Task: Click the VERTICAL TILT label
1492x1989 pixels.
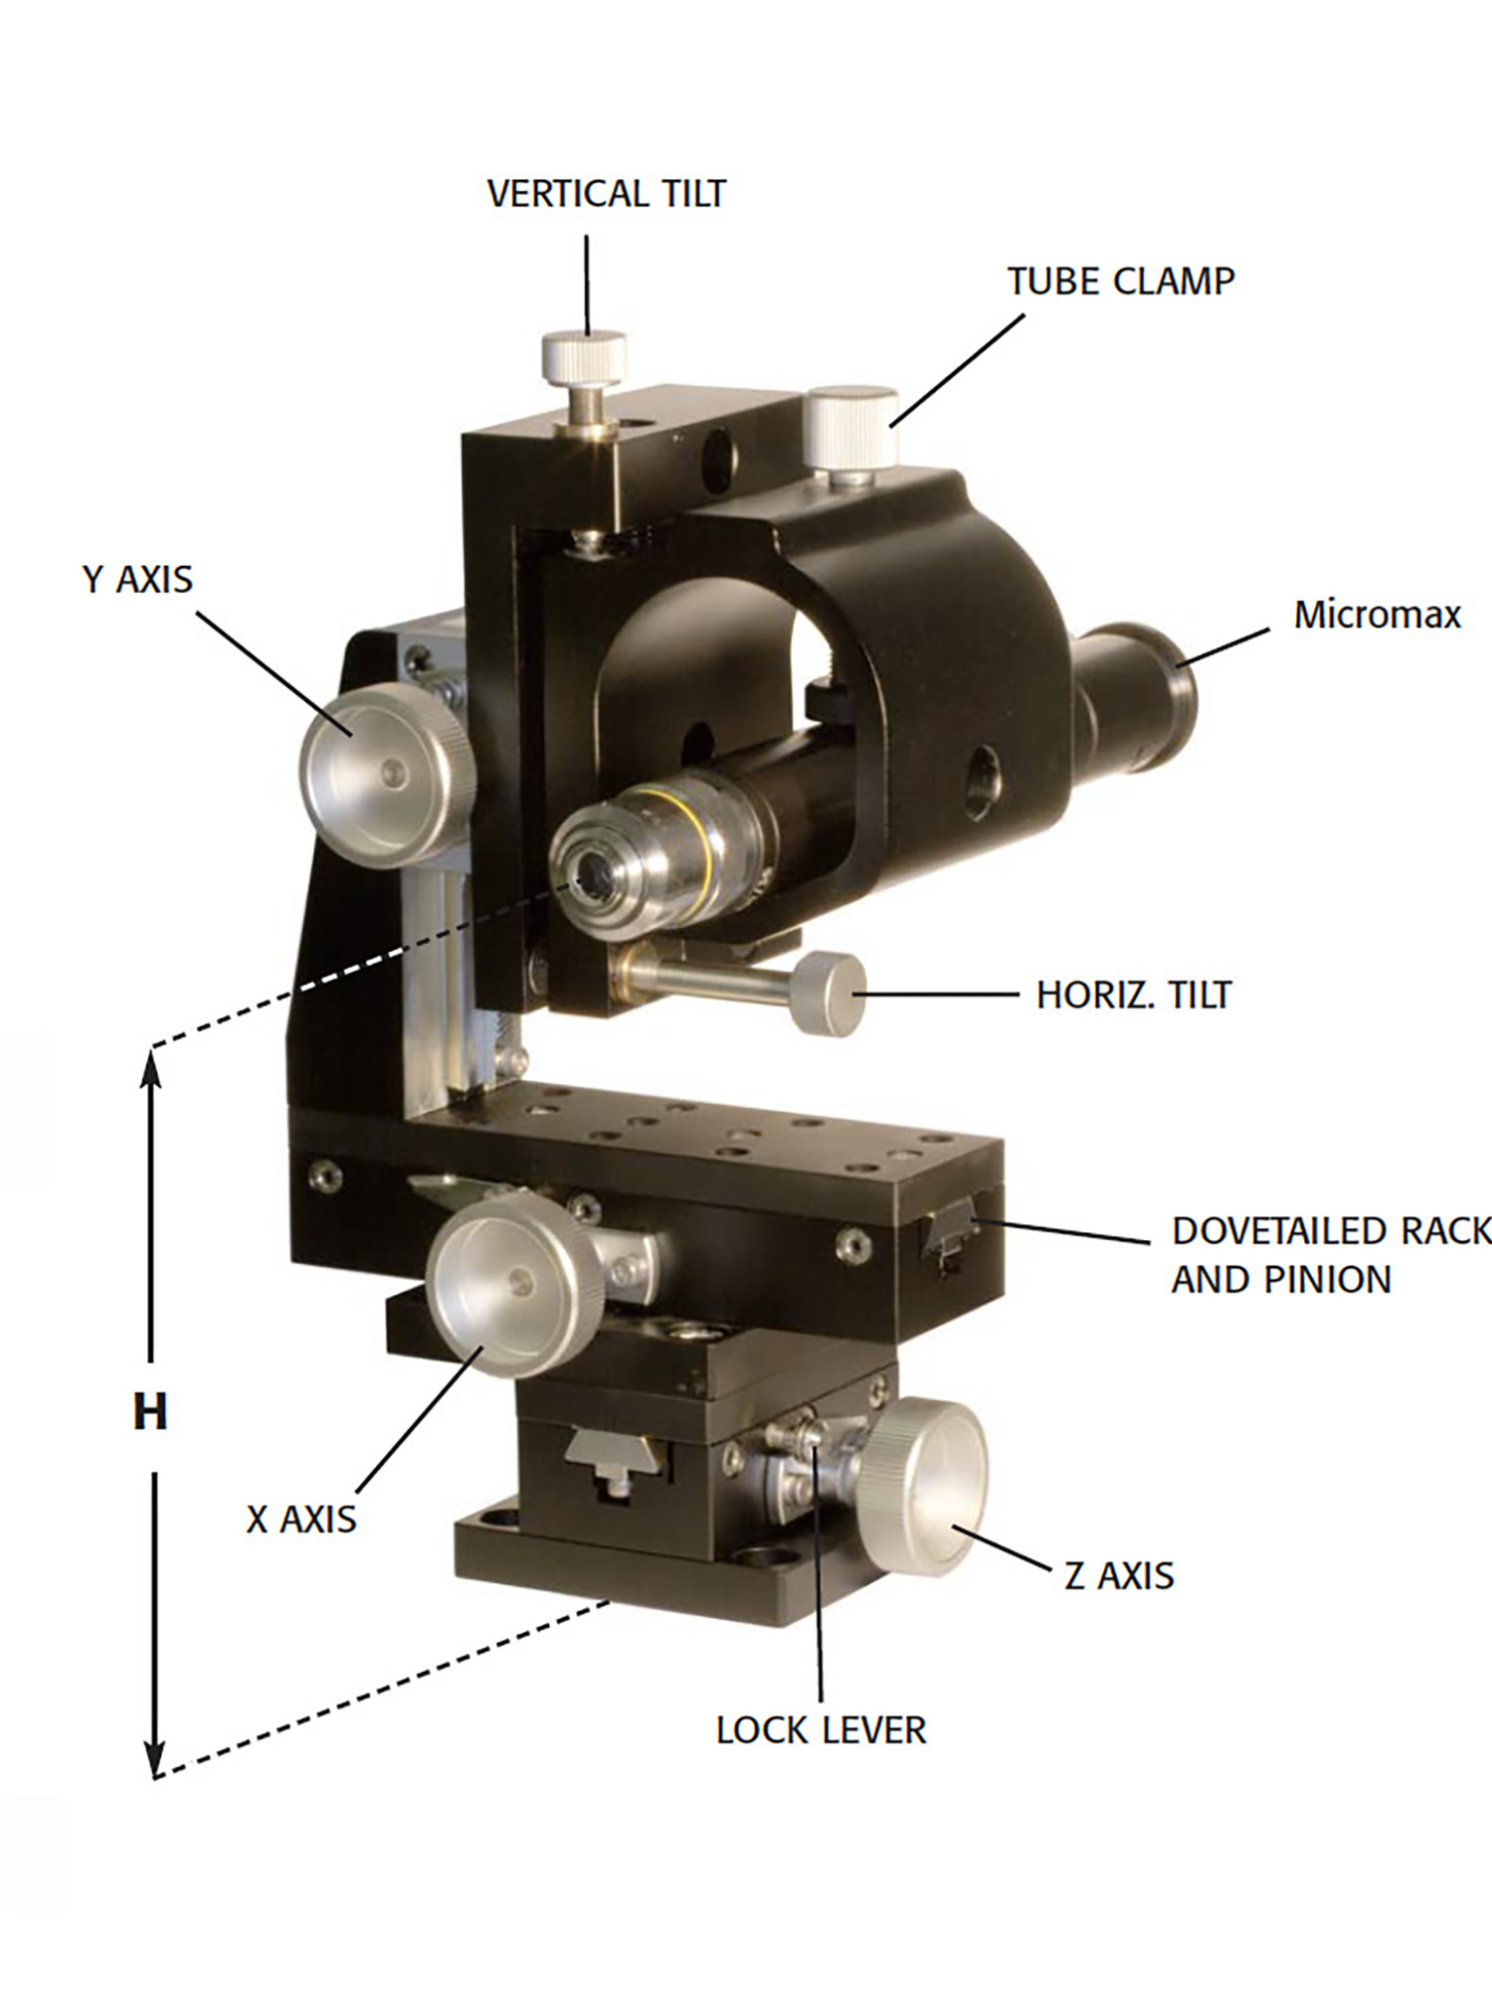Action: click(x=607, y=193)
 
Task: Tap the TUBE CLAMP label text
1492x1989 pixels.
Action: click(x=1121, y=281)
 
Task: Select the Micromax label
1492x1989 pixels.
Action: click(x=1378, y=615)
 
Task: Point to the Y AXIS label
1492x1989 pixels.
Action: click(x=137, y=579)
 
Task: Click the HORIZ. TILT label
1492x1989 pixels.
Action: click(x=1134, y=994)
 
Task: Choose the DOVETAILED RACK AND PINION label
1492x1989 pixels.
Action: click(x=1332, y=1255)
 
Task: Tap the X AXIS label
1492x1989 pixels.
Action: click(x=301, y=1520)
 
